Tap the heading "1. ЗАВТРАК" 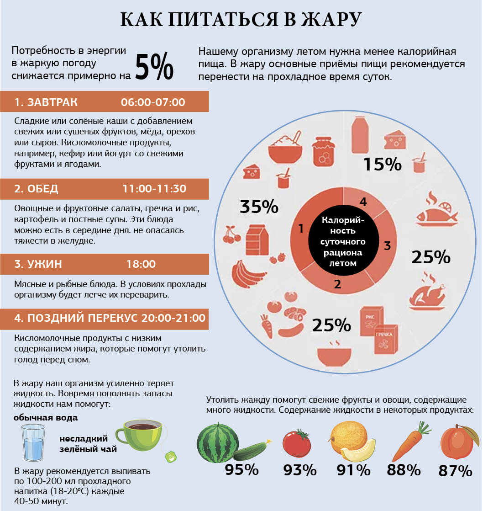[46, 102]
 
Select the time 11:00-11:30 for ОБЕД [154, 189]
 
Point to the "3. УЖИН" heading [38, 264]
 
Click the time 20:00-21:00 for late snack [173, 318]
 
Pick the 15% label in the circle [382, 164]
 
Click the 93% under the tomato [300, 470]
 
